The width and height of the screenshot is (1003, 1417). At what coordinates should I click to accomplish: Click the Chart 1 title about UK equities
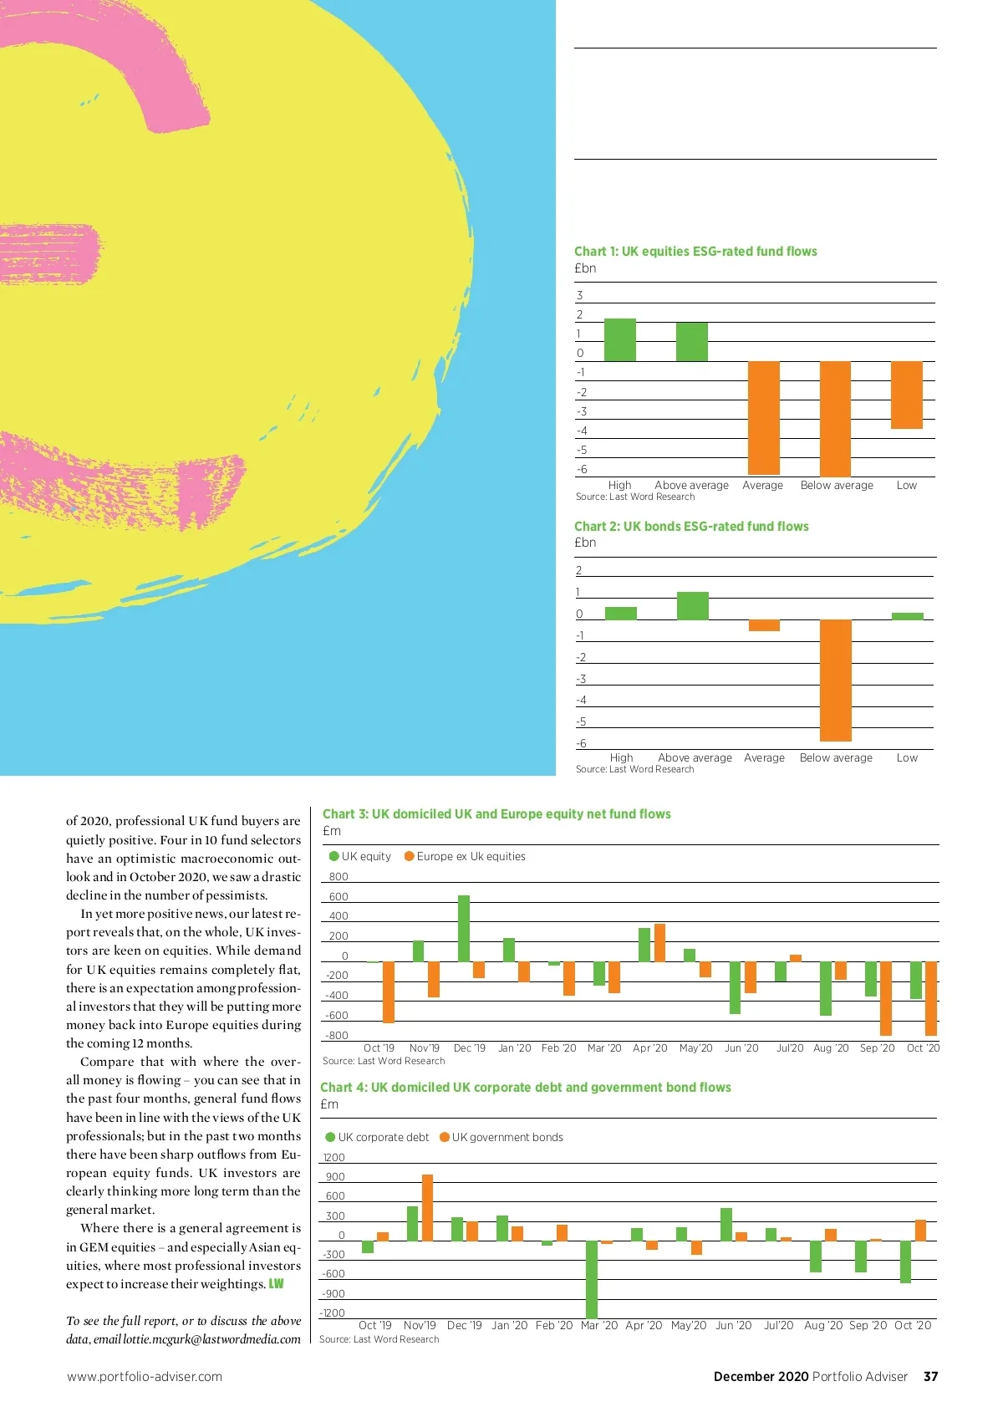[695, 252]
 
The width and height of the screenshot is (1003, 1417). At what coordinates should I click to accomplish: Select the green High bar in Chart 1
[619, 340]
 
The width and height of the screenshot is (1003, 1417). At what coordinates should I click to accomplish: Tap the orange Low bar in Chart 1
[907, 395]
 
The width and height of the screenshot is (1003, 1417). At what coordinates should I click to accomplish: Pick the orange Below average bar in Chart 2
[835, 680]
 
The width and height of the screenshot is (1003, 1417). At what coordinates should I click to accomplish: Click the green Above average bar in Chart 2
[692, 605]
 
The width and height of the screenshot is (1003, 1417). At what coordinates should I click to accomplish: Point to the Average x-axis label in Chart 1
[762, 486]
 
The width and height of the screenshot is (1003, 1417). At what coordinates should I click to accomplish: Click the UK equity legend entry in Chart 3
[360, 857]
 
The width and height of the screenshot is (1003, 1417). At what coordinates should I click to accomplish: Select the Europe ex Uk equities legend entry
[465, 857]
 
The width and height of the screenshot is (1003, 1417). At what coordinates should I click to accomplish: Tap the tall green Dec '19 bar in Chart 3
[464, 928]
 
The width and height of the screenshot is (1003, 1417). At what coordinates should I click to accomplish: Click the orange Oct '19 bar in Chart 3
[389, 992]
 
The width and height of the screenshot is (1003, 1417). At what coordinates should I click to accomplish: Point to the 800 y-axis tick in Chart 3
[339, 877]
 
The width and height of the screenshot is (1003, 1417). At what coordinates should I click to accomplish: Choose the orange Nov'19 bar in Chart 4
[427, 1207]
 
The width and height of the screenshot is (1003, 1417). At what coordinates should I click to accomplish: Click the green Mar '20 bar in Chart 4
[592, 1279]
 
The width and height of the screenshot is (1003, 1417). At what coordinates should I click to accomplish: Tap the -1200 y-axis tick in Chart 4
[333, 1313]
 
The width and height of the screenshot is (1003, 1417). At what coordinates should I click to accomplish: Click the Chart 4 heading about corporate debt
[526, 1088]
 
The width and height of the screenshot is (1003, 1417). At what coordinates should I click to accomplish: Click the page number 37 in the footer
[930, 1377]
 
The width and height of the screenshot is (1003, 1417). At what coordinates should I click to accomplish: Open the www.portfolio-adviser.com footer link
[145, 1377]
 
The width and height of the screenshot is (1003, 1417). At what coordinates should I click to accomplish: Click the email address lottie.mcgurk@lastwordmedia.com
[211, 1339]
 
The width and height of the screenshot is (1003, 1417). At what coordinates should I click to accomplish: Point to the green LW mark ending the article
[276, 1284]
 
